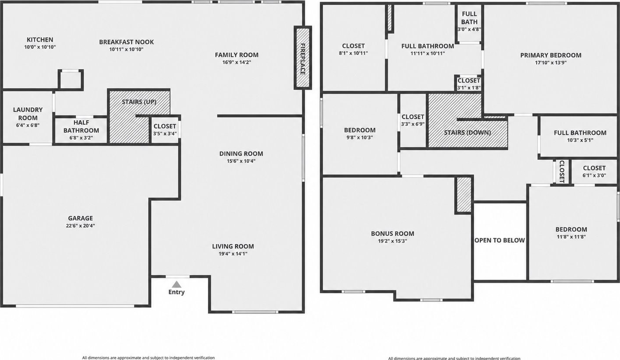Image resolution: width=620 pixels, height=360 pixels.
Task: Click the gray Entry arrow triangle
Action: (x=176, y=284)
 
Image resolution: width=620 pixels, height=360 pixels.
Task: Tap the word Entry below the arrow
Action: (x=176, y=292)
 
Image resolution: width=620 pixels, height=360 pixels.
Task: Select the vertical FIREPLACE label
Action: (x=303, y=59)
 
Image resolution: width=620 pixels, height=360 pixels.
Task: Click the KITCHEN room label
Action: (x=40, y=40)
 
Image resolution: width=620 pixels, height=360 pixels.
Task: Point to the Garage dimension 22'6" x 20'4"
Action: (x=80, y=226)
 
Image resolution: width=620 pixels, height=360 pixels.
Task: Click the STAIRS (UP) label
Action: (x=139, y=102)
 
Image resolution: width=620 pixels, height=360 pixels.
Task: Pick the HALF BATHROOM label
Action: (x=81, y=127)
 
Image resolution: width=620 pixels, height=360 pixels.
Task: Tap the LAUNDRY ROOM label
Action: (x=28, y=114)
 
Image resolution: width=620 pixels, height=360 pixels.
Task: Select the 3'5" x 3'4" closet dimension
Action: (x=165, y=134)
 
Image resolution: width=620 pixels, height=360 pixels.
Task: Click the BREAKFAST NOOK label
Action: (x=127, y=42)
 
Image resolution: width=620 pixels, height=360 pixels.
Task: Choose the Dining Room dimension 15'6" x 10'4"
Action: (x=241, y=161)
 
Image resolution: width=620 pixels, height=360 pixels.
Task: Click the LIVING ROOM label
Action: (x=233, y=246)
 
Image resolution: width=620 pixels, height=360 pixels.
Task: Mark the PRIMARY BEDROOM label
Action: (x=551, y=55)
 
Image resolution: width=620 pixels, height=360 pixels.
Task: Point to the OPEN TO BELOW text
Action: (x=500, y=240)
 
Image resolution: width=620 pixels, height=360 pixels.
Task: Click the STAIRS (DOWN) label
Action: (x=468, y=132)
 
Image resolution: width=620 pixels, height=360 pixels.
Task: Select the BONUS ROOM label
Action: (x=393, y=233)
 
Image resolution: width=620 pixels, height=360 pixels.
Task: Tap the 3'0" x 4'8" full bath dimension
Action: (x=469, y=29)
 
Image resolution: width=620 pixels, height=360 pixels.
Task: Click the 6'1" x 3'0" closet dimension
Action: (x=594, y=175)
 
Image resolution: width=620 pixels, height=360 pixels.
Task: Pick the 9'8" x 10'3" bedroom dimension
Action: (x=360, y=137)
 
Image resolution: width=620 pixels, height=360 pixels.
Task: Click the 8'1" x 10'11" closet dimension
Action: (x=354, y=53)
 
